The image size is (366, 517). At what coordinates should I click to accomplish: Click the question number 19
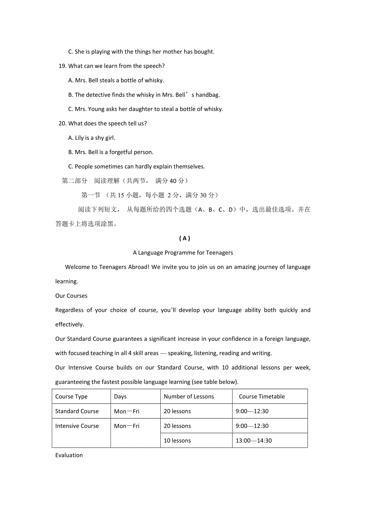tap(62, 66)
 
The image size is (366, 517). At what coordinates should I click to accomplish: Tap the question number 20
tap(62, 123)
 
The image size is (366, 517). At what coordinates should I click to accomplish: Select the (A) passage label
tap(185, 238)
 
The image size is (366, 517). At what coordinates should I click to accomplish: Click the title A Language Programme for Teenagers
tap(183, 253)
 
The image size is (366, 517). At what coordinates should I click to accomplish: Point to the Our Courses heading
tap(71, 296)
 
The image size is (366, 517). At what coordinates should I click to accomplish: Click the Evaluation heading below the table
tap(69, 455)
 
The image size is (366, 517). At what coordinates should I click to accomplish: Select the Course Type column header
tap(71, 396)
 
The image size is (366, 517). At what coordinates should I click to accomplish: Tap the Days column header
tap(120, 396)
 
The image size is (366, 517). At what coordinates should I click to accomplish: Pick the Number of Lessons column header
tap(189, 396)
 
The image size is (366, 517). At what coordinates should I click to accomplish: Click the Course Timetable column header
tap(262, 396)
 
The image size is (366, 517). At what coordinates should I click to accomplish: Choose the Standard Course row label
tap(77, 411)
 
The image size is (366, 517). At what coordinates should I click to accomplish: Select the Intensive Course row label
tap(77, 426)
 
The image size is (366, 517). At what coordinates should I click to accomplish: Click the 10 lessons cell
tap(177, 440)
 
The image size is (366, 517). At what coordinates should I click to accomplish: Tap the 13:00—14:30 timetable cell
tap(253, 440)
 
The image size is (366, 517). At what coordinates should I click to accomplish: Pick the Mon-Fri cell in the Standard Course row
tap(127, 411)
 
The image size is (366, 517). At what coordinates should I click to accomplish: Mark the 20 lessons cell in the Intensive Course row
tap(177, 426)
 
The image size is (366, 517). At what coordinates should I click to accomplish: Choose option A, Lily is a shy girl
tap(92, 138)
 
